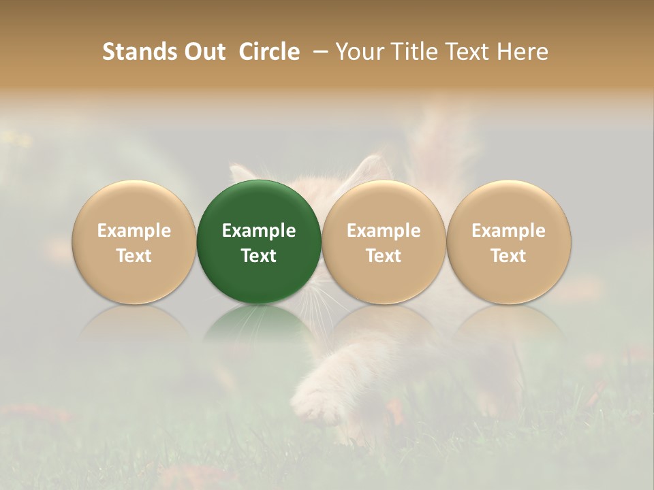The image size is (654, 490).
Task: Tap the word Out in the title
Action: tap(202, 52)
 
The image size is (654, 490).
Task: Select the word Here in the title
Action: tap(525, 52)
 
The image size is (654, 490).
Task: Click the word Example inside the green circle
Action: tap(259, 231)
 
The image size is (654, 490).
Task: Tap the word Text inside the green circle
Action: tap(259, 256)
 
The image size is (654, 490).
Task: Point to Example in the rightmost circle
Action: tap(509, 231)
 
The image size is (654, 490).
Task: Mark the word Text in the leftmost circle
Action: tap(134, 256)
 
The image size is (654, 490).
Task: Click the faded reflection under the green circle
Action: tap(259, 327)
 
